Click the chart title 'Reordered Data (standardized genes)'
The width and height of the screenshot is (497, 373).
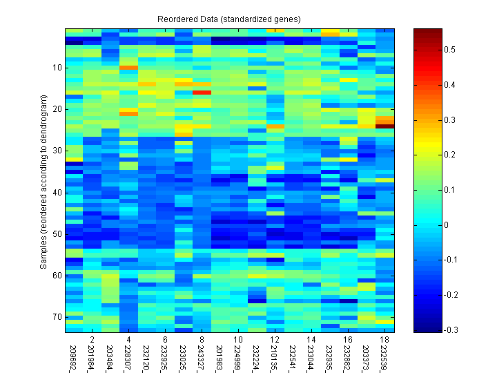[230, 18]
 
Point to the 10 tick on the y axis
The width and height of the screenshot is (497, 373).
[57, 68]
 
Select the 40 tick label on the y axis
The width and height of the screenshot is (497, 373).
[57, 192]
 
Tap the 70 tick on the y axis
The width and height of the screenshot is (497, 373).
[57, 317]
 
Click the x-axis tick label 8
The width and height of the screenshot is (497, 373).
[202, 341]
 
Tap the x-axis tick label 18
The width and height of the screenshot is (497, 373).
[384, 341]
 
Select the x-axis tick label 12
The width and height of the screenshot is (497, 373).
[275, 341]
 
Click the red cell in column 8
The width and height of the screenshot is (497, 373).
[202, 92]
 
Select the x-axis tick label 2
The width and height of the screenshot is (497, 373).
[92, 341]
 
